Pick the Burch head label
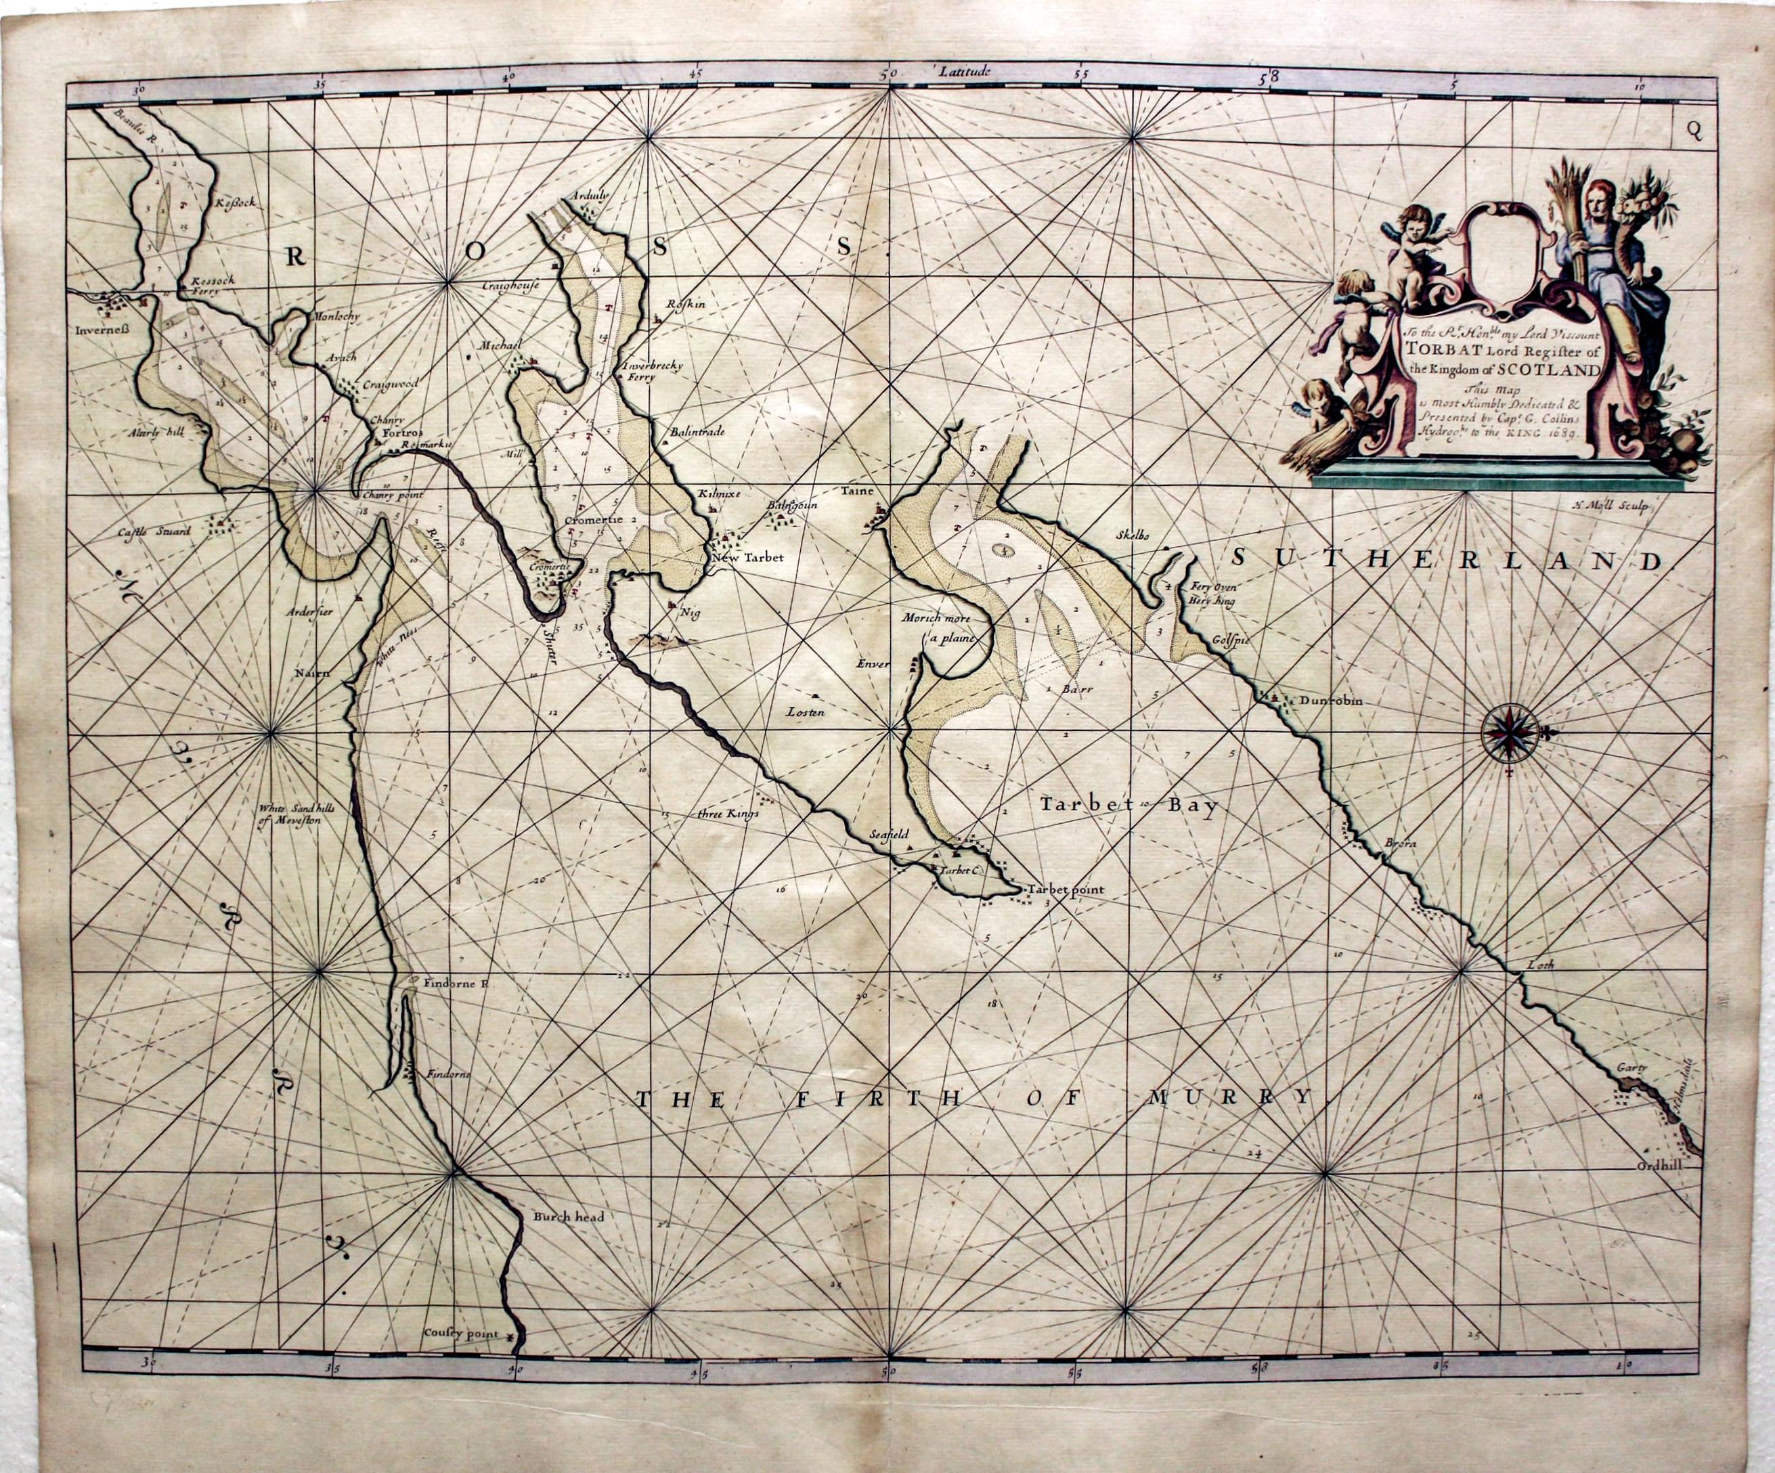(568, 1218)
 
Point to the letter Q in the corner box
(1690, 129)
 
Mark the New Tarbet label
(747, 558)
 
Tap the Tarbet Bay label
(1128, 806)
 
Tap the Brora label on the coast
(1400, 843)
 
